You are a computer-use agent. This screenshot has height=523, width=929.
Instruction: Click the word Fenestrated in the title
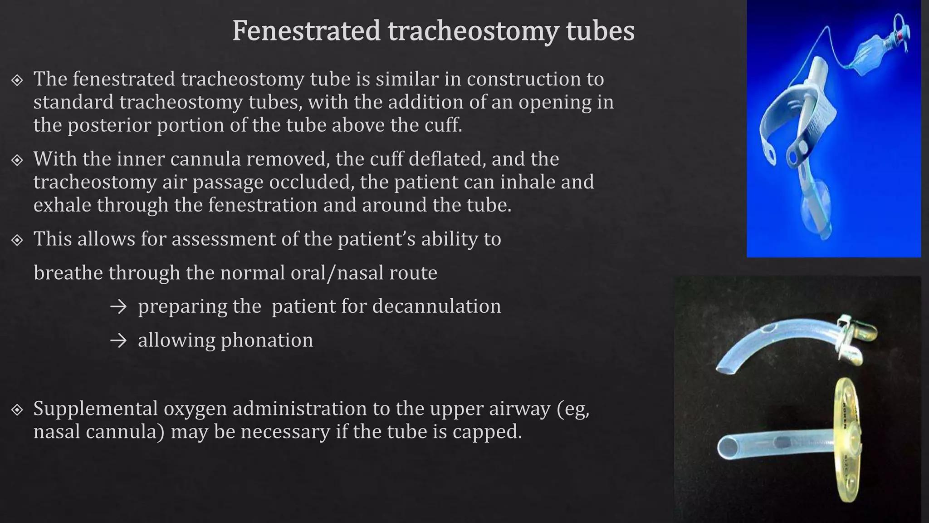click(x=306, y=31)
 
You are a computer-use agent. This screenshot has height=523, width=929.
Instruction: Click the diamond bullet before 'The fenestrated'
click(x=17, y=80)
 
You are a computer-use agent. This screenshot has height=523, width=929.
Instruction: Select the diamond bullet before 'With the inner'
click(x=17, y=160)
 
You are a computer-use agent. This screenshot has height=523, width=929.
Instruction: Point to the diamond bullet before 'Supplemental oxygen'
click(x=17, y=410)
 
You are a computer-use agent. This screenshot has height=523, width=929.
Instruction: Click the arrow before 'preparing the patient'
click(x=118, y=307)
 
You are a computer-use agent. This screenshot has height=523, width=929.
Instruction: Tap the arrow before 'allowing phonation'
click(x=118, y=341)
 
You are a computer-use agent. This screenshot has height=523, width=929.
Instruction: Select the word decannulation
click(x=436, y=306)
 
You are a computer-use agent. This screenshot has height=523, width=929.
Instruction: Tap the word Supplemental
click(x=95, y=409)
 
